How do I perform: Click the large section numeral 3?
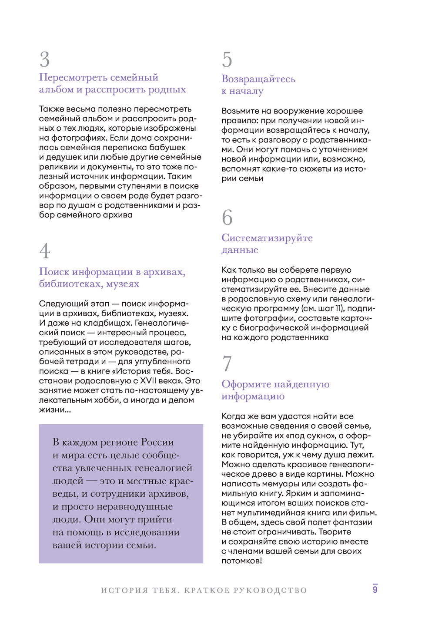click(x=44, y=59)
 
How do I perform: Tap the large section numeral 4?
click(x=45, y=251)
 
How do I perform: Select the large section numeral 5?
click(x=227, y=59)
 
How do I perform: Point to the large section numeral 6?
click(x=227, y=218)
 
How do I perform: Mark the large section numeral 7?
click(x=227, y=364)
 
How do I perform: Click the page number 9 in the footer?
click(x=375, y=589)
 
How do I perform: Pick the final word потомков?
click(x=242, y=561)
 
